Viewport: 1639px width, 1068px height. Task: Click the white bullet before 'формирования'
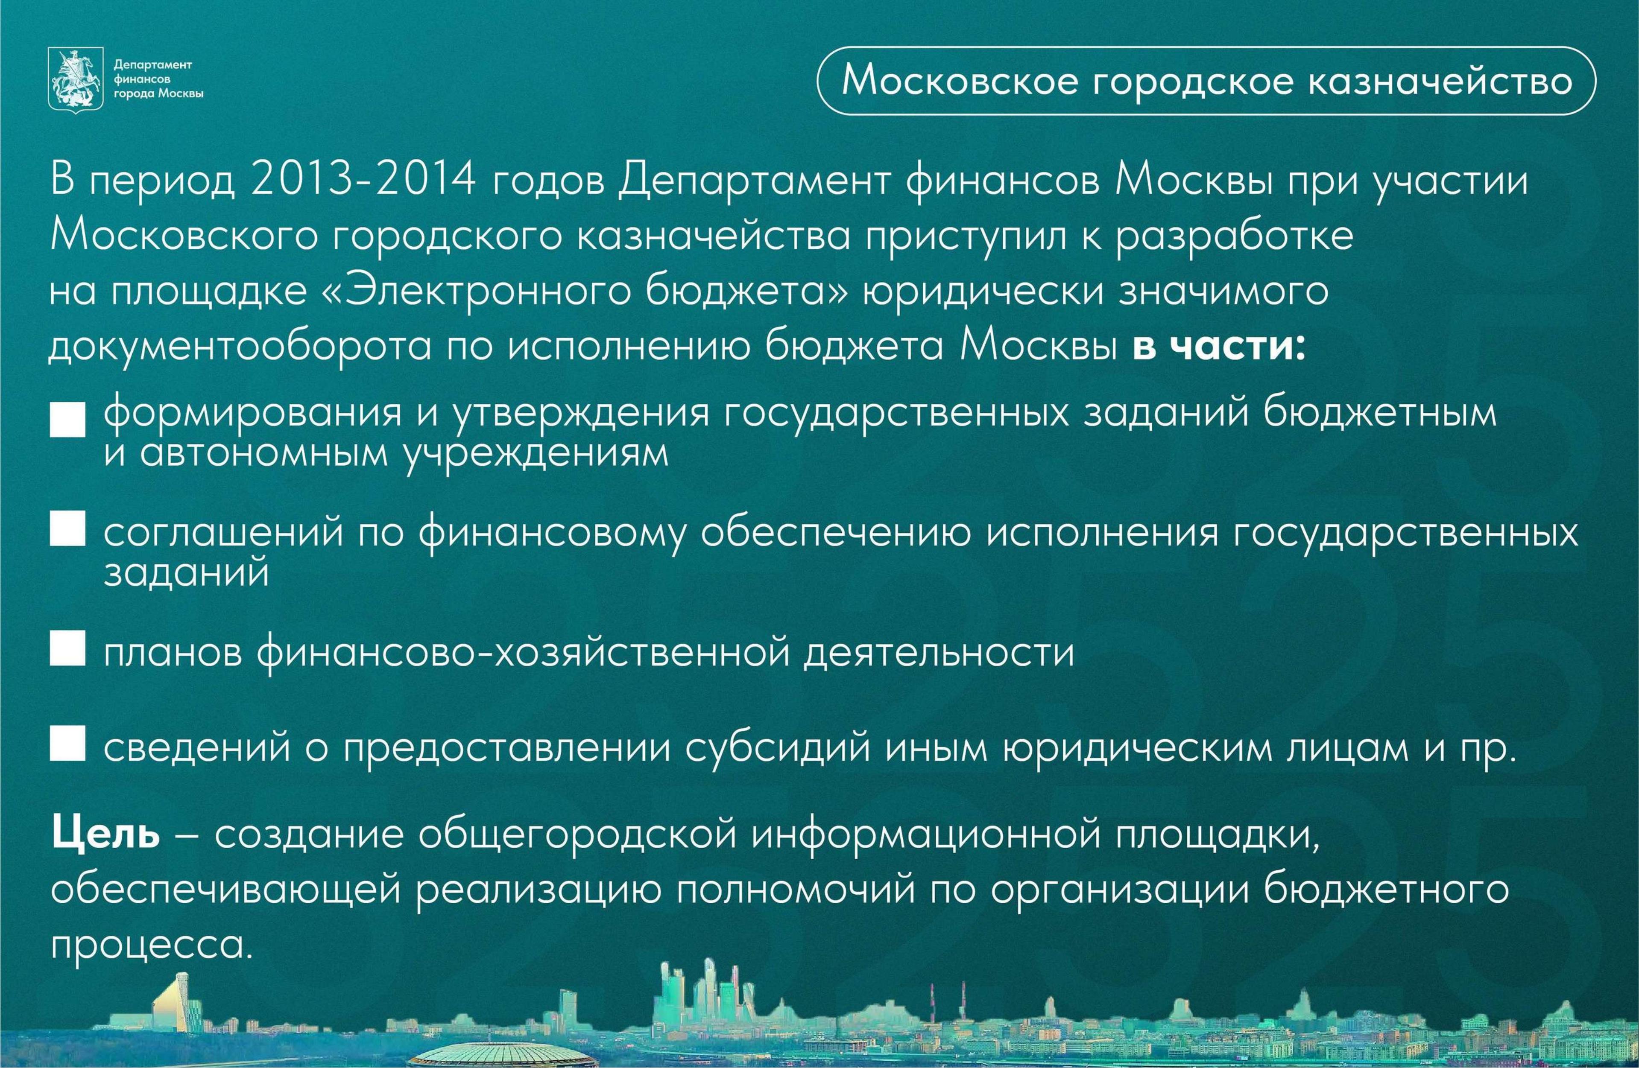click(67, 421)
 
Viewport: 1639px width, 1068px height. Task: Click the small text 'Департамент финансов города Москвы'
click(158, 79)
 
